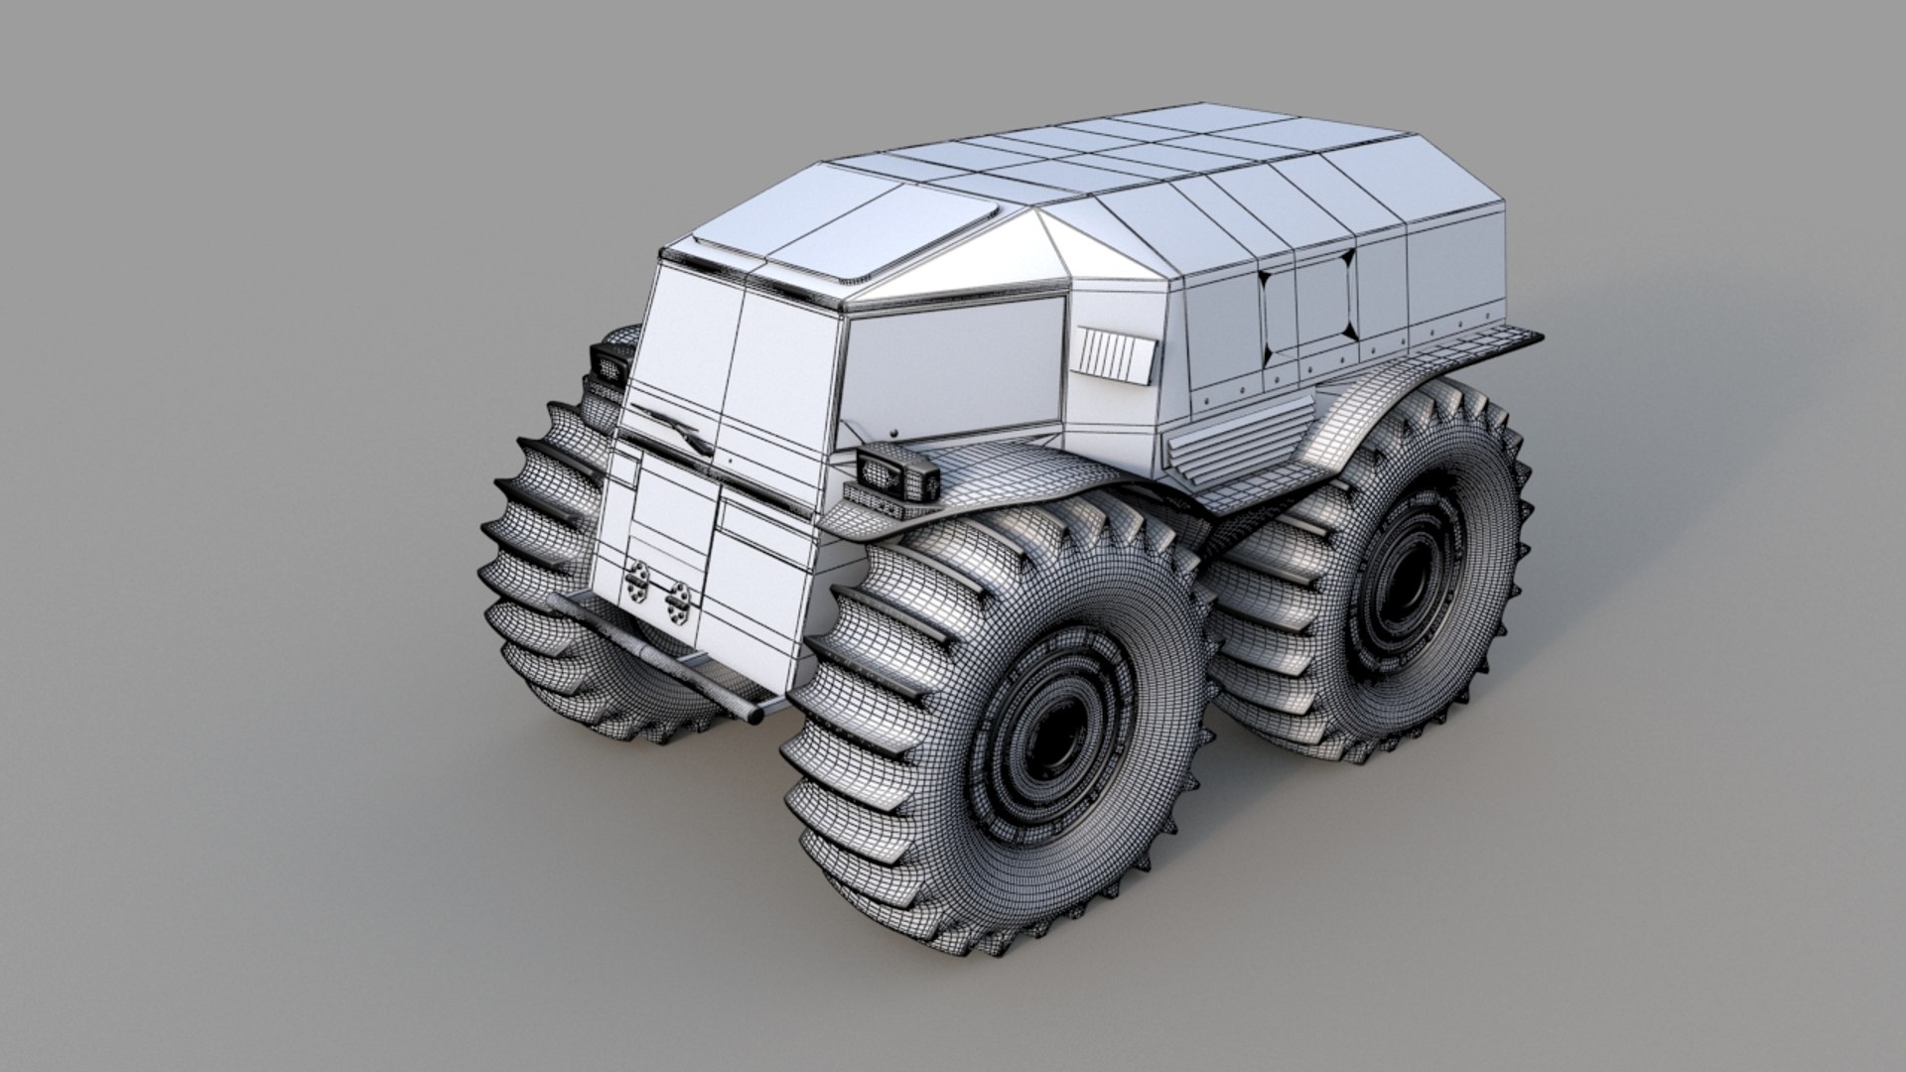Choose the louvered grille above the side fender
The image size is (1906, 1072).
tap(1231, 457)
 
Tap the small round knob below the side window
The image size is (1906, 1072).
tap(894, 433)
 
